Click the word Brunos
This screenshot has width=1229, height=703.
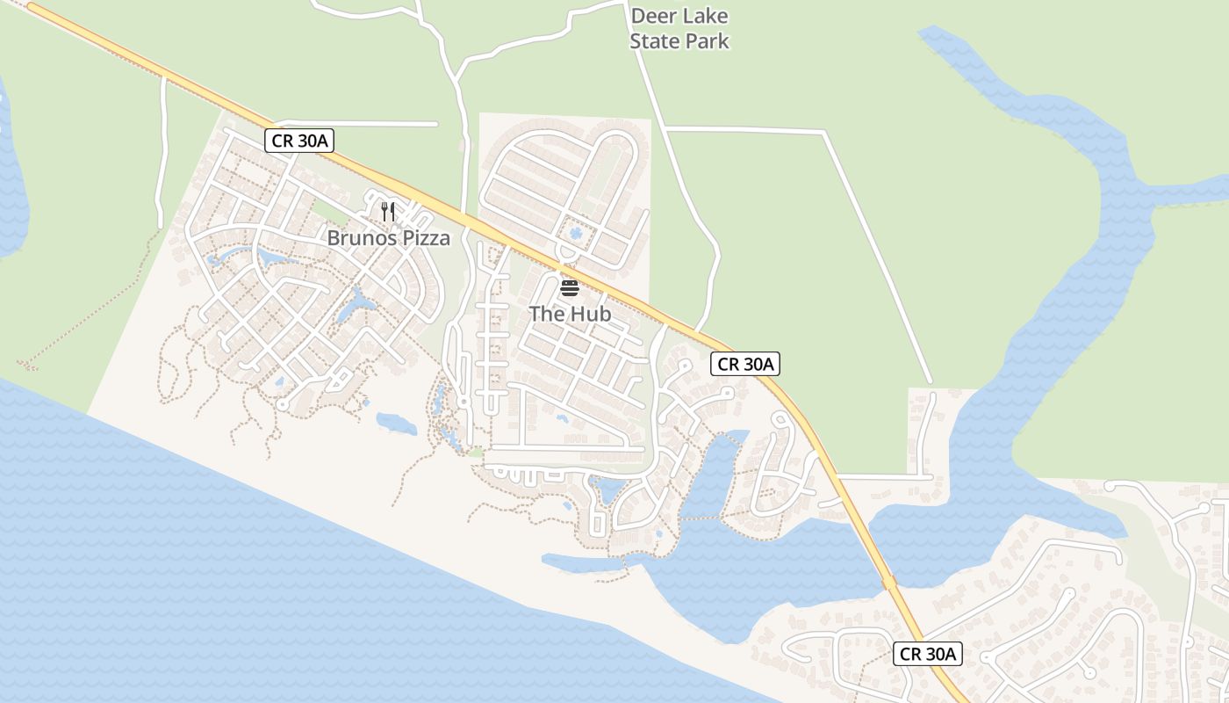pos(358,237)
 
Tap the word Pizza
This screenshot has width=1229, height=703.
pos(422,237)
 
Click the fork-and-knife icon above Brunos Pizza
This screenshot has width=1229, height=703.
pos(388,211)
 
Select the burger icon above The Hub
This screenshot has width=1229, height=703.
pos(569,287)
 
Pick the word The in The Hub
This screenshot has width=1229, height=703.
pos(546,314)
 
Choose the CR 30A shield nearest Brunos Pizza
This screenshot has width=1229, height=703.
pos(299,141)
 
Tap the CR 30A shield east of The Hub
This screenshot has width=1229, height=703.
pos(744,364)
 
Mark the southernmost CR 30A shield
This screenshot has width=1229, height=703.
pos(928,654)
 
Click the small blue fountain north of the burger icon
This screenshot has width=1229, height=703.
pos(576,233)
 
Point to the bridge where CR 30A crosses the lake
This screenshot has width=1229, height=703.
pos(888,582)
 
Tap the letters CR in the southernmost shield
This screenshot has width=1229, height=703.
pos(910,654)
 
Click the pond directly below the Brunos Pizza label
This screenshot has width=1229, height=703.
pos(357,303)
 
